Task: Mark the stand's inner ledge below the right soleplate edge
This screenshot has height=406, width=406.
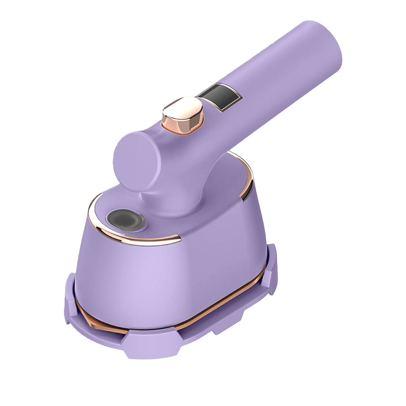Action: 239,310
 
